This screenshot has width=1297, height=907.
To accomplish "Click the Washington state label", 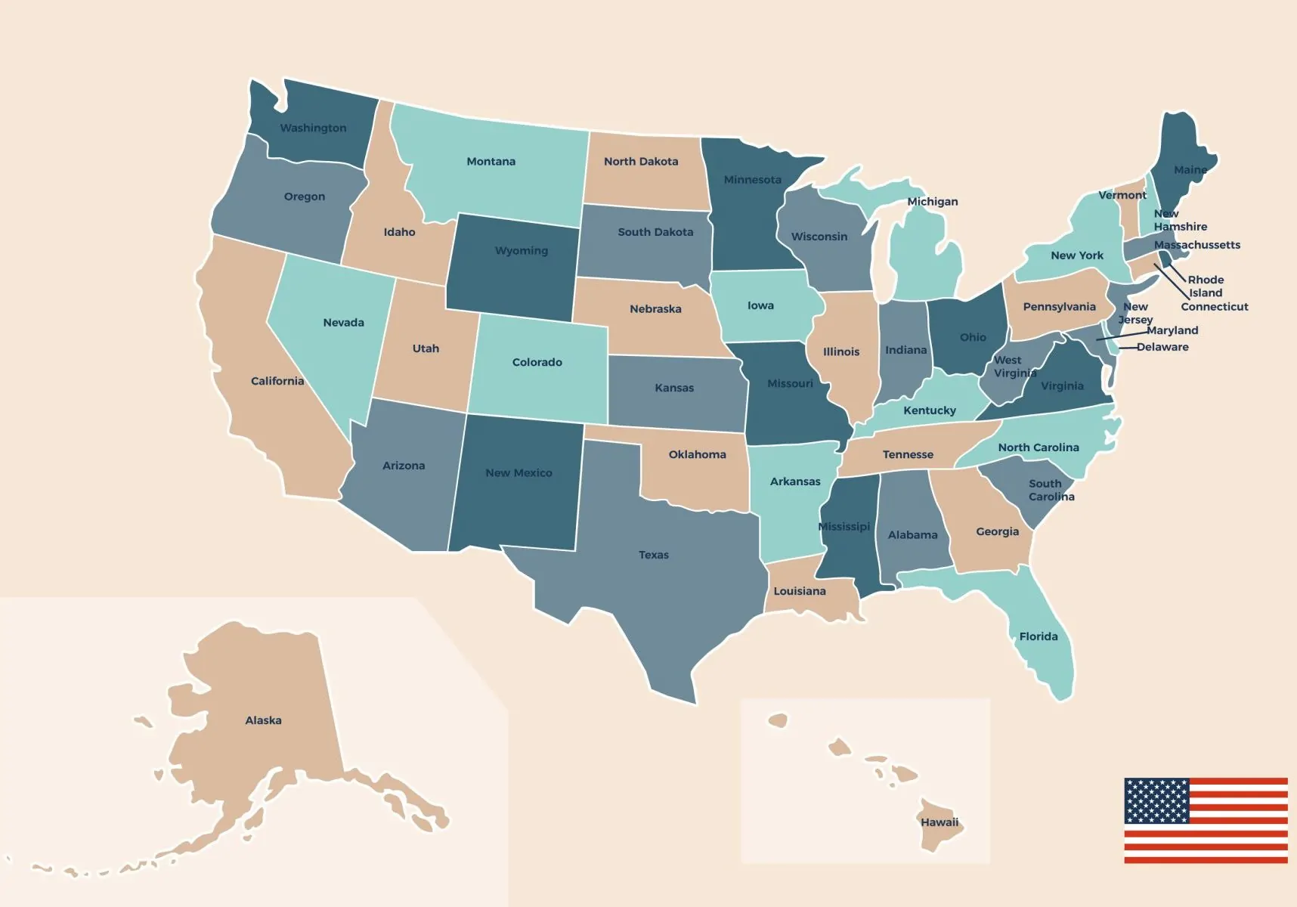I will coord(313,128).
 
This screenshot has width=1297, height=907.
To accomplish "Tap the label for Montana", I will coord(491,162).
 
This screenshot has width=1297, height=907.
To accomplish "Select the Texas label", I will coord(653,556).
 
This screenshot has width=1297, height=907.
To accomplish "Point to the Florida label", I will coord(1038,637).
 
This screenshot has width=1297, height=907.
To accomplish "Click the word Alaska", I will coord(263,721).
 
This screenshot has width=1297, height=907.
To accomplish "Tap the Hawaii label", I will coord(939,822).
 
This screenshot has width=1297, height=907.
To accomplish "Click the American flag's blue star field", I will coord(1156,800).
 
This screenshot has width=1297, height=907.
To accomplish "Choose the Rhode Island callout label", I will coord(1205,286).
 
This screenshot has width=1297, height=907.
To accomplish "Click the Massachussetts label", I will coord(1196,245).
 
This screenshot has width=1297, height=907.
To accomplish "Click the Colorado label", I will coord(537,363).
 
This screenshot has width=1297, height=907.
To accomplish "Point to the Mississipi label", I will coord(844,527).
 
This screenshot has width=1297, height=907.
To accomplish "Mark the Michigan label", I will coord(932,202).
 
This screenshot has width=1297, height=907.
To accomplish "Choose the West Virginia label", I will coord(1014,367).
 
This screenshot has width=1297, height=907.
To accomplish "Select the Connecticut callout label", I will coord(1214,307).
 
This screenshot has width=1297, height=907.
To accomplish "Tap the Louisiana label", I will coord(799,592).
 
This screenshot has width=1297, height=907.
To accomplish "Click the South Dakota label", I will coord(655,233).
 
